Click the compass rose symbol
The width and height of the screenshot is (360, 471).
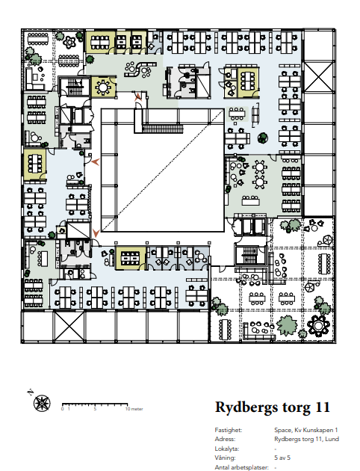coord(42,403)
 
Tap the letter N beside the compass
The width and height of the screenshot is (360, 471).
coord(30,392)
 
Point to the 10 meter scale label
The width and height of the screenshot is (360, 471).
coord(134,409)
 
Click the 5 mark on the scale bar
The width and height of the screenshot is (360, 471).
coord(95,409)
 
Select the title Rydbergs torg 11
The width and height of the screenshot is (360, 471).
coord(273,407)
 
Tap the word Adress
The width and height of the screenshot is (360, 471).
coord(225,439)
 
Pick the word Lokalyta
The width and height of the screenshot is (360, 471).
coord(227,449)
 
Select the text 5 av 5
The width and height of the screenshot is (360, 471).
coord(282,458)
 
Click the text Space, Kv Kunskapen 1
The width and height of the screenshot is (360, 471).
coord(306,430)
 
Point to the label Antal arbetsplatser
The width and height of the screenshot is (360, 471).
coord(241,467)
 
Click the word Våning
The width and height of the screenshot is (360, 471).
coord(225,458)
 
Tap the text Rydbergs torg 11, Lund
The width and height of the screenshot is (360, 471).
coord(307,439)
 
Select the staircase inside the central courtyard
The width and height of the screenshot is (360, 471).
coord(162,129)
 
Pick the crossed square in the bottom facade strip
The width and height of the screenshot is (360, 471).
coord(69,327)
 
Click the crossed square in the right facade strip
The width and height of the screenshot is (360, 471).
coord(319,77)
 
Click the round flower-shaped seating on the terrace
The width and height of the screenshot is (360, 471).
coord(319,326)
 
